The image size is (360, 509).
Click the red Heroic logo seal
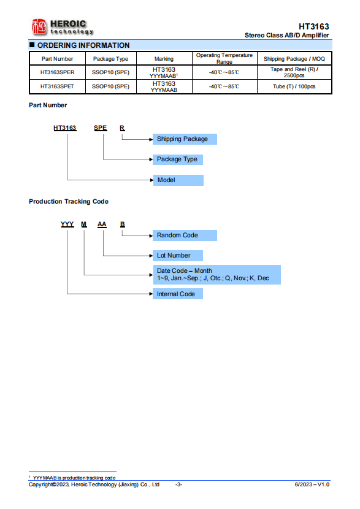pos(39,26)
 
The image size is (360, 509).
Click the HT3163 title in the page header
pos(313,26)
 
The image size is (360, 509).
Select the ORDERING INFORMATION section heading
pos(83,45)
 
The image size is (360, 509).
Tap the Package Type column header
pos(110,59)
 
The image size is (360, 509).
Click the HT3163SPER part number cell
pos(58,72)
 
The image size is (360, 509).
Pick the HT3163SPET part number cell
pos(57,86)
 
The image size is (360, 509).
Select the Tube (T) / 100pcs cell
pos(294,86)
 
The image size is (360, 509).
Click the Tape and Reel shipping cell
pos(294,72)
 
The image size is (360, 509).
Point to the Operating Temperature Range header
pos(224,58)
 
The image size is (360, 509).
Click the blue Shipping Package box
pos(185,139)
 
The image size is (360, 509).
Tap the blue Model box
pos(178,180)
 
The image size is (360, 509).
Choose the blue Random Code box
pos(185,235)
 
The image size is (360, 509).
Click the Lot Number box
pos(178,256)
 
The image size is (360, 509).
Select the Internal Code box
pos(178,294)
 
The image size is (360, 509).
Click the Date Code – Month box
pos(217,275)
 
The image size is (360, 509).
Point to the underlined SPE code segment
pos(101,128)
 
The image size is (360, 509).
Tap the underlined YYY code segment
pos(67,224)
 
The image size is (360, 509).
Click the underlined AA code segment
pos(102,224)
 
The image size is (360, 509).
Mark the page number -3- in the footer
pos(178,484)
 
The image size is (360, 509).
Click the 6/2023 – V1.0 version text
pos(312,484)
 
